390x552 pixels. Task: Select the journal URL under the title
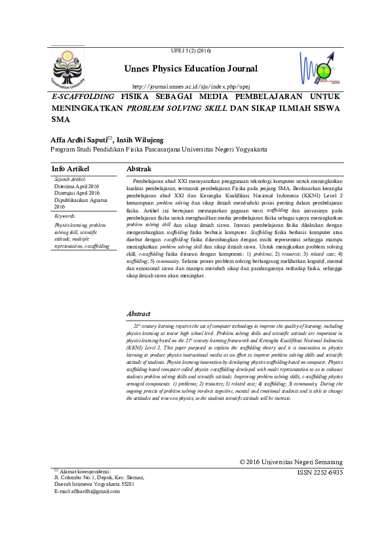click(x=191, y=87)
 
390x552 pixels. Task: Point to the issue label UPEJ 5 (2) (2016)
click(x=191, y=50)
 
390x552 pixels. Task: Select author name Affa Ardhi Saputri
click(x=82, y=140)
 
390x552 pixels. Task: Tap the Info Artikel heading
click(x=71, y=168)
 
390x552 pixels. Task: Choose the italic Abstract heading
click(x=138, y=314)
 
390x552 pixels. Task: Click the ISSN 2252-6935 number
click(x=319, y=472)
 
